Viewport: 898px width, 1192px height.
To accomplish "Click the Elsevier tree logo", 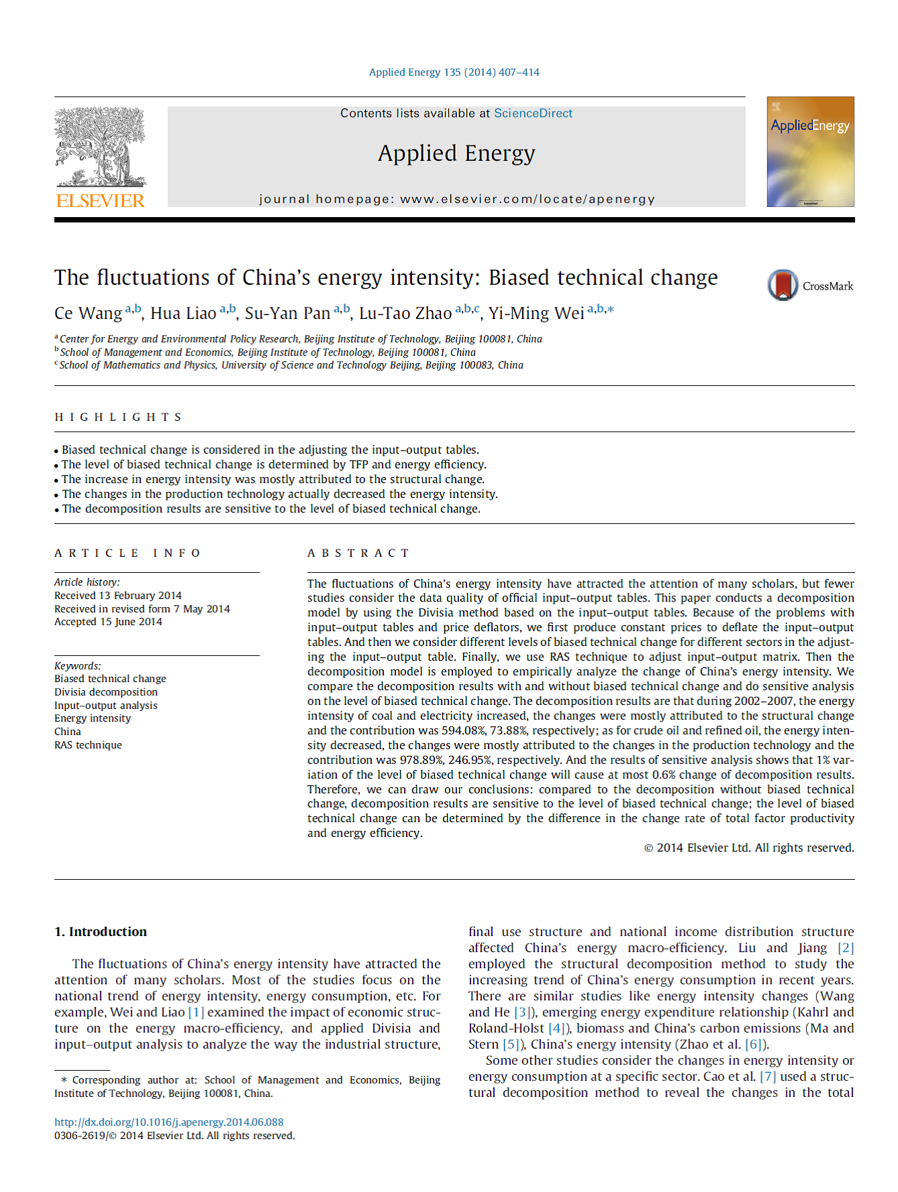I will (x=101, y=147).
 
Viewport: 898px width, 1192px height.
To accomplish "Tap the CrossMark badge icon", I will (x=783, y=285).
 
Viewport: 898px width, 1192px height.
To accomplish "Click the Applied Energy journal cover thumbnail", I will (x=810, y=152).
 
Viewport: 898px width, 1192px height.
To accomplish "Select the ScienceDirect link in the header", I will (x=533, y=113).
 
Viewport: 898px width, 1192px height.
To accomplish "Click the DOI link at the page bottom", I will (x=169, y=1122).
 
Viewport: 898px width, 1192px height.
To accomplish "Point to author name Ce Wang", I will (x=88, y=314).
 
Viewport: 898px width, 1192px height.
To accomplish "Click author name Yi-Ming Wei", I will (x=536, y=314).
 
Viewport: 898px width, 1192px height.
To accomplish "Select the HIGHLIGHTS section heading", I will (x=118, y=417).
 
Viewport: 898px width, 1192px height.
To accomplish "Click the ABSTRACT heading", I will (x=358, y=553).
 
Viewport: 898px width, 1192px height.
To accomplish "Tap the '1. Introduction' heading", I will (x=101, y=931).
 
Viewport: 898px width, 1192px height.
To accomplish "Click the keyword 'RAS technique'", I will (x=88, y=744).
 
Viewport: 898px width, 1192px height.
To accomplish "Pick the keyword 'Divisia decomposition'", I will (x=106, y=691).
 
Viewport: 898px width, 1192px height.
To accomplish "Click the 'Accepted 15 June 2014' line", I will (x=108, y=622).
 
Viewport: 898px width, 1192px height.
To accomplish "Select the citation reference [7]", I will (x=767, y=1076).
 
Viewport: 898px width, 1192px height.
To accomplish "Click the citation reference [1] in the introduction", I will (x=196, y=1012).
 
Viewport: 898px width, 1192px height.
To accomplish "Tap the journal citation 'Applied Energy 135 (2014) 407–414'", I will (x=454, y=72).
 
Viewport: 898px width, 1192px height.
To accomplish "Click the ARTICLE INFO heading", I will (x=127, y=553).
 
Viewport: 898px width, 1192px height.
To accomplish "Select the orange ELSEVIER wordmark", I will (x=101, y=200).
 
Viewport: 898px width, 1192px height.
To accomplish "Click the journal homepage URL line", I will (x=456, y=199).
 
